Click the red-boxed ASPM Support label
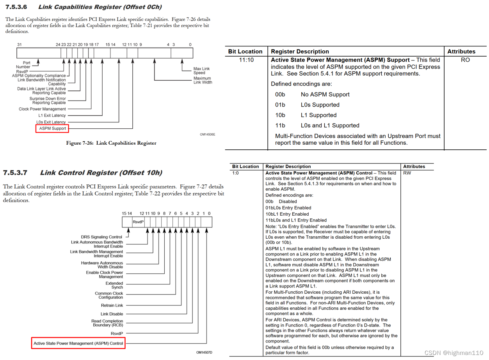53,128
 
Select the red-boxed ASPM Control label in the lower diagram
78,344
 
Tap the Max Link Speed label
201,71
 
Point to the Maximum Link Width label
203,80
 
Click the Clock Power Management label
42,109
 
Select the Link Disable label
112,314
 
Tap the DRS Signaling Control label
101,237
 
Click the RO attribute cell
465,60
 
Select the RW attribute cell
407,173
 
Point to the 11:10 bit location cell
246,60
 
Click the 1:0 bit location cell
235,173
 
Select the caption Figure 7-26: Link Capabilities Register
111,143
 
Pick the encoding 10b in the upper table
280,115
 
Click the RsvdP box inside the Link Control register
138,222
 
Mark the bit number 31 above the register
20,44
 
